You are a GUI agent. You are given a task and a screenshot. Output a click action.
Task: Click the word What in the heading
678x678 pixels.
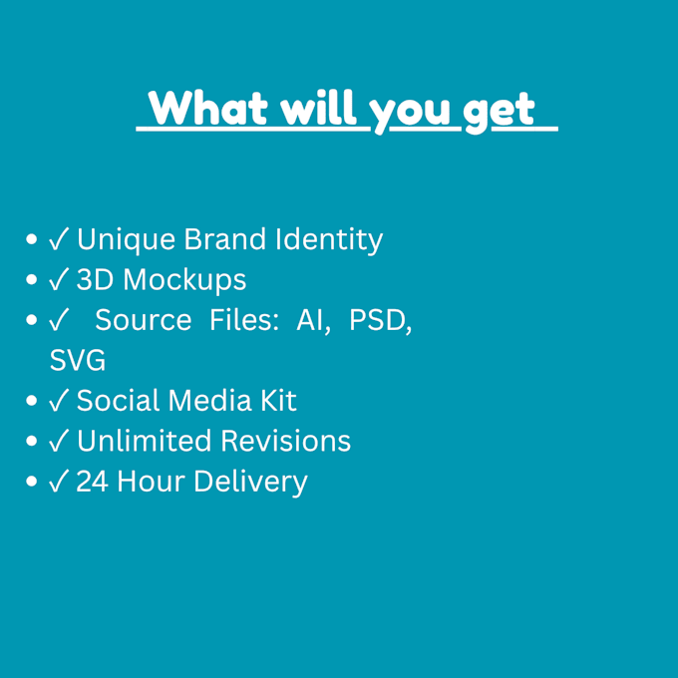[x=207, y=108]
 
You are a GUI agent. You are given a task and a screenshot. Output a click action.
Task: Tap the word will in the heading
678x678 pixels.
[x=318, y=107]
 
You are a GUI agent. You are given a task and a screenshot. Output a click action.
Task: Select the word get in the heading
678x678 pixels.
[x=499, y=113]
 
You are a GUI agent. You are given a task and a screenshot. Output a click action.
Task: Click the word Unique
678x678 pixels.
[x=126, y=240]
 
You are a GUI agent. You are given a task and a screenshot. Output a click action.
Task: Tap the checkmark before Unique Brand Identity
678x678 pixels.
[x=59, y=239]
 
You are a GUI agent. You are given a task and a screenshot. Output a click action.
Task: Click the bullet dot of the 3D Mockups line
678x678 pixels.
[x=31, y=279]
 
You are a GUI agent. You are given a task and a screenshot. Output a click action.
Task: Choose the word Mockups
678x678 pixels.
[x=184, y=280]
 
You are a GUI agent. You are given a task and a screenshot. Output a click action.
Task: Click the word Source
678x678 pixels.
[x=144, y=320]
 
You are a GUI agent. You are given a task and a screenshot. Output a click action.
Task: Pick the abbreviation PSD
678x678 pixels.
[x=381, y=321]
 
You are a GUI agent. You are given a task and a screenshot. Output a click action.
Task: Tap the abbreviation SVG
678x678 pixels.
[x=78, y=360]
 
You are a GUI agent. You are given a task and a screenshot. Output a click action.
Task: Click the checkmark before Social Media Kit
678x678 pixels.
[x=59, y=400]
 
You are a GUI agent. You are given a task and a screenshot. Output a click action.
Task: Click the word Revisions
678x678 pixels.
[x=286, y=441]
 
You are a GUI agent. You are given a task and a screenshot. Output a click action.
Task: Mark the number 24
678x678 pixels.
[x=92, y=482]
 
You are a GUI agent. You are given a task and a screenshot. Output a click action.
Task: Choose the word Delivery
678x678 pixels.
[x=250, y=483]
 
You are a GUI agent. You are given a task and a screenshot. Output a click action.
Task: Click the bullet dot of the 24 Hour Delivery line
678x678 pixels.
[x=31, y=481]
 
